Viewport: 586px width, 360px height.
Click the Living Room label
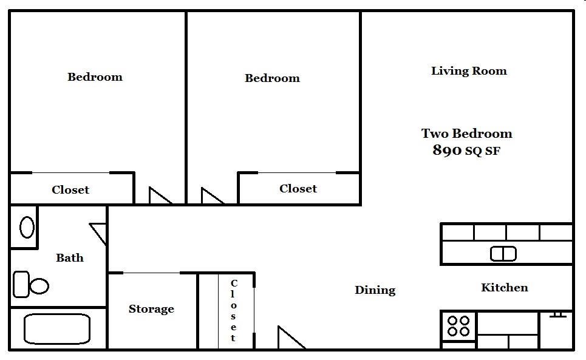[x=469, y=71]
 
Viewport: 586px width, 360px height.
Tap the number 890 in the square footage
[x=448, y=151]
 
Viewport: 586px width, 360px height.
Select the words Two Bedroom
[x=466, y=134]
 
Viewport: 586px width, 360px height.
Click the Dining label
[x=375, y=290]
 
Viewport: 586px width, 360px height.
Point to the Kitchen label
[x=504, y=288]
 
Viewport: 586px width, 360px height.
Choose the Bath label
[x=70, y=258]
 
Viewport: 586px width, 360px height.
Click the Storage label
[x=151, y=309]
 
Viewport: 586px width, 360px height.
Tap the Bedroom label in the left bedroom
[x=95, y=77]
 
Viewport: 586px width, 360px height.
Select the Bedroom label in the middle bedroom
[x=272, y=78]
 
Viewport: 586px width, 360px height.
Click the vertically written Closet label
[x=234, y=311]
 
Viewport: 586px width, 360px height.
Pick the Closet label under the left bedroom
[x=70, y=190]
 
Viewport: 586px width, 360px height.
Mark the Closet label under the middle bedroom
[x=298, y=189]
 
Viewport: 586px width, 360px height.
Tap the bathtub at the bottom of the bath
[x=56, y=330]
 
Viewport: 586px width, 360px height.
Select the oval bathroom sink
[x=27, y=227]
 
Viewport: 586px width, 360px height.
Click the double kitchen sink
[x=503, y=253]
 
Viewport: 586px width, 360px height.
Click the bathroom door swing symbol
[x=99, y=233]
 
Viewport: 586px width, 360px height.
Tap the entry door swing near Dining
[x=290, y=338]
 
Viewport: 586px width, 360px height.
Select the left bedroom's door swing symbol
[x=160, y=195]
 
